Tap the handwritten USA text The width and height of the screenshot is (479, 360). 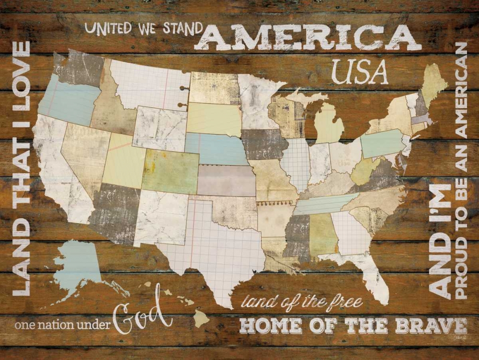pos(360,73)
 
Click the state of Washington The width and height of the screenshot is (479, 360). pos(79,69)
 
